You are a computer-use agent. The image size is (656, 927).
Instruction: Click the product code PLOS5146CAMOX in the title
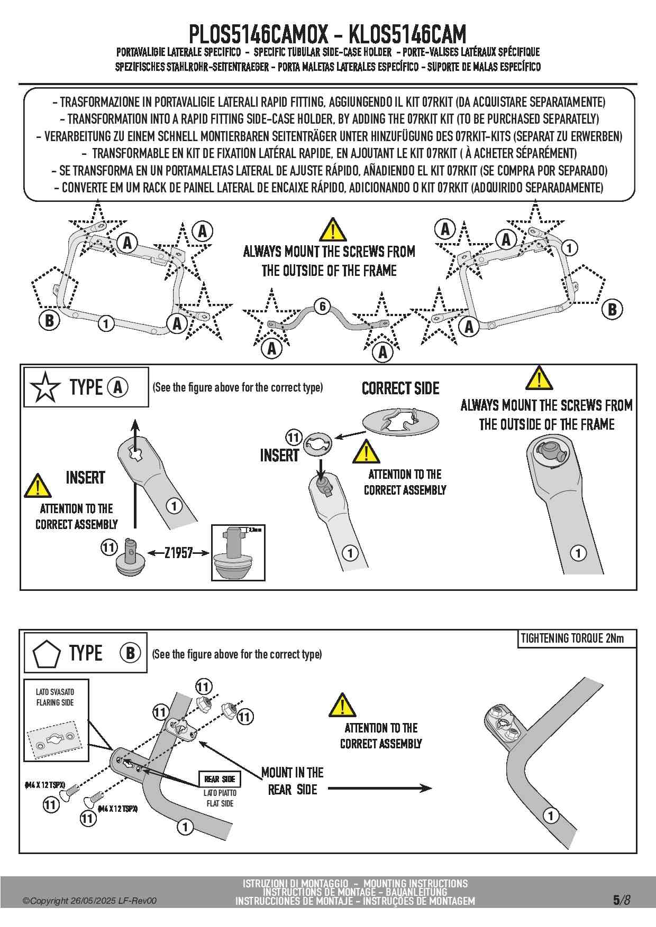pos(259,35)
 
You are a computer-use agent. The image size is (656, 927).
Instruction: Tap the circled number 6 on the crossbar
pos(322,306)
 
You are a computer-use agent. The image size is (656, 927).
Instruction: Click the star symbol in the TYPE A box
pos(45,387)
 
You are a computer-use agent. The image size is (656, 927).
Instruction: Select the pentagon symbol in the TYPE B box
pos(47,654)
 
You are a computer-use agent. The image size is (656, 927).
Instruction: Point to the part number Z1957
pos(178,553)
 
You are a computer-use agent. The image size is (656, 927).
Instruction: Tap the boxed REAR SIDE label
pos(220,779)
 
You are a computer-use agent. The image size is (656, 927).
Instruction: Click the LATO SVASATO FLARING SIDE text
pos(55,697)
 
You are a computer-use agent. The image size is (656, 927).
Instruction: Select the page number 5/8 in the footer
pos(622,900)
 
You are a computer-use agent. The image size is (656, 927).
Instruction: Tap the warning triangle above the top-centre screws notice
pos(333,230)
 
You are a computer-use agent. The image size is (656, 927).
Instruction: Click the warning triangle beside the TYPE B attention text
pos(342,705)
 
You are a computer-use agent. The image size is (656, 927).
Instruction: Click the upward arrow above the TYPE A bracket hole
pos(135,431)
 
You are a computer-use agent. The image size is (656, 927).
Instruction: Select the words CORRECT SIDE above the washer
pos(400,388)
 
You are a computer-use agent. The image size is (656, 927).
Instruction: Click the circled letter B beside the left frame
pos(49,320)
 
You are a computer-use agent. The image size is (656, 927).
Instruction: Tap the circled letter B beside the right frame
pos(612,309)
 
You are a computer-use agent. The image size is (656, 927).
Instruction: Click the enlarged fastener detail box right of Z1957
pos(238,553)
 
